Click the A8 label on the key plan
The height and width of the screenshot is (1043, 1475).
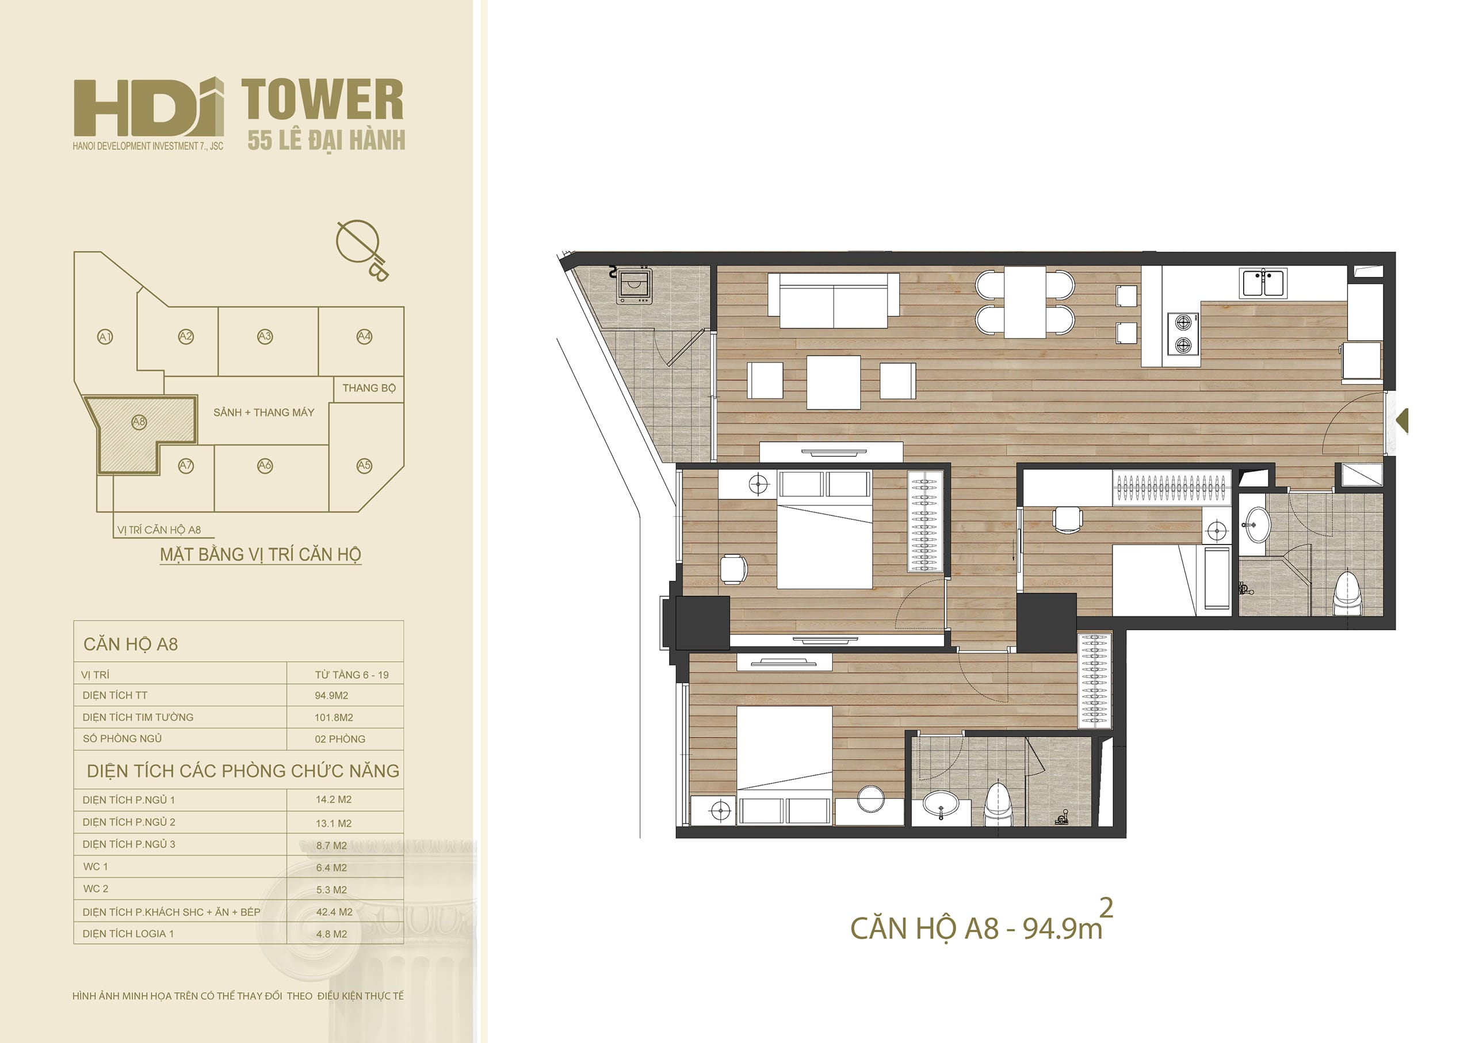(139, 421)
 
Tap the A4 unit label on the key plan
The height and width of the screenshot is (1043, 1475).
(364, 336)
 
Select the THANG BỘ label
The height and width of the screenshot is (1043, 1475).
(369, 388)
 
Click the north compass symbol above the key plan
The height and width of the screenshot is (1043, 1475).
(362, 249)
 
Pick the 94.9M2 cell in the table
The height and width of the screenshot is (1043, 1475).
(331, 695)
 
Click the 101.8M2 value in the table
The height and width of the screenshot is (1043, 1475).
(334, 717)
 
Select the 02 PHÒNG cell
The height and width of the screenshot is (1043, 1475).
(340, 739)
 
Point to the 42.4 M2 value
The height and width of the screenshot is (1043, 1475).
(334, 912)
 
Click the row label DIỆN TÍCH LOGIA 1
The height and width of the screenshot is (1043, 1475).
(128, 934)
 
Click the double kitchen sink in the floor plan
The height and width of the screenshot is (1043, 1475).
(1263, 283)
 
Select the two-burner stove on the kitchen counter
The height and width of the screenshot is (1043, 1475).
(1183, 333)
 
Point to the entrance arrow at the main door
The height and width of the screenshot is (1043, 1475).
(1403, 420)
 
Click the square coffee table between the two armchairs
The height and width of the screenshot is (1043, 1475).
(834, 382)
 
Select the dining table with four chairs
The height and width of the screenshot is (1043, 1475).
(1025, 302)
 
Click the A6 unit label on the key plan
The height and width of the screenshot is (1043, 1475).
(265, 465)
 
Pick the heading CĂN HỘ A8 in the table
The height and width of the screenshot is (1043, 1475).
(131, 644)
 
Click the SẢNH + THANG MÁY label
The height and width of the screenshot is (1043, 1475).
(264, 413)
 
